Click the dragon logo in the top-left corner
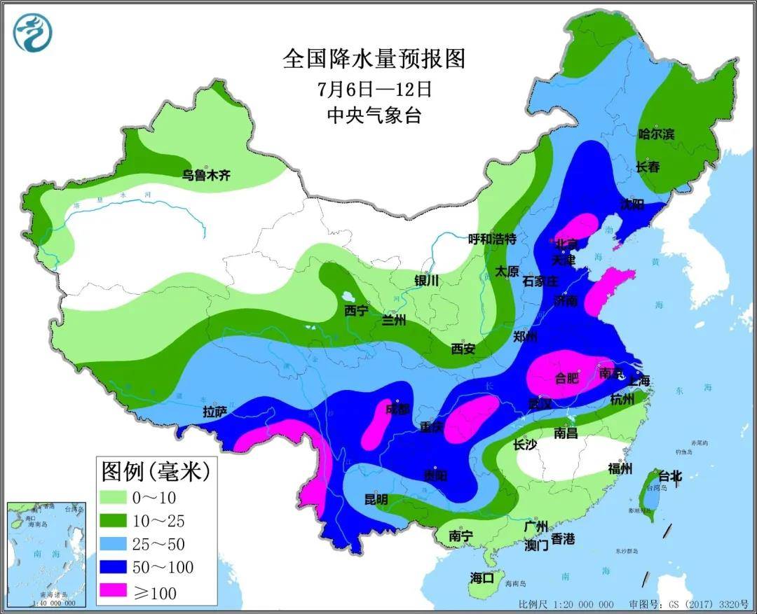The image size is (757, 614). [x=33, y=33]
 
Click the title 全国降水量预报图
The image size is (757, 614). [x=374, y=59]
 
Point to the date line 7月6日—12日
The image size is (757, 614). [x=374, y=89]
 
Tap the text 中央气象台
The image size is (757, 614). [x=374, y=116]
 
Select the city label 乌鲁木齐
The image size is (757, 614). [x=206, y=176]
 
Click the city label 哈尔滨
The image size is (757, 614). [x=656, y=134]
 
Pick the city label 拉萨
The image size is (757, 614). [x=215, y=412]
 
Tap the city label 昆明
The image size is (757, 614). [x=376, y=500]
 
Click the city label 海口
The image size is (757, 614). [x=482, y=578]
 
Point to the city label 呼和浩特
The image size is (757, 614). [x=492, y=239]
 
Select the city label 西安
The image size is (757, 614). [x=463, y=348]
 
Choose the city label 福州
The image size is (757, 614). [x=621, y=469]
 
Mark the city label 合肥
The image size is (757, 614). [x=567, y=379]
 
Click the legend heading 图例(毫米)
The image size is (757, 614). [x=155, y=471]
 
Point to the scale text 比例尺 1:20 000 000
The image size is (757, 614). [x=566, y=604]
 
